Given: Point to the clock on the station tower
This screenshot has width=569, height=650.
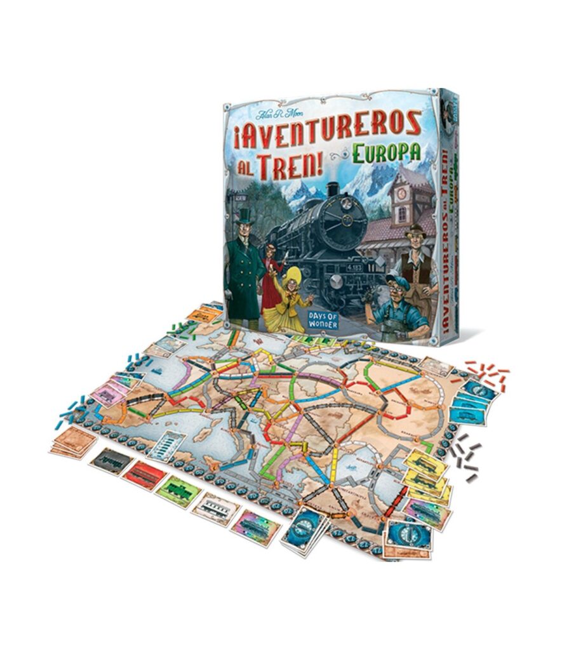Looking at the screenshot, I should point(401,194).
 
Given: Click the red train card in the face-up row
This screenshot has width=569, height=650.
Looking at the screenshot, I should point(145,473).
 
